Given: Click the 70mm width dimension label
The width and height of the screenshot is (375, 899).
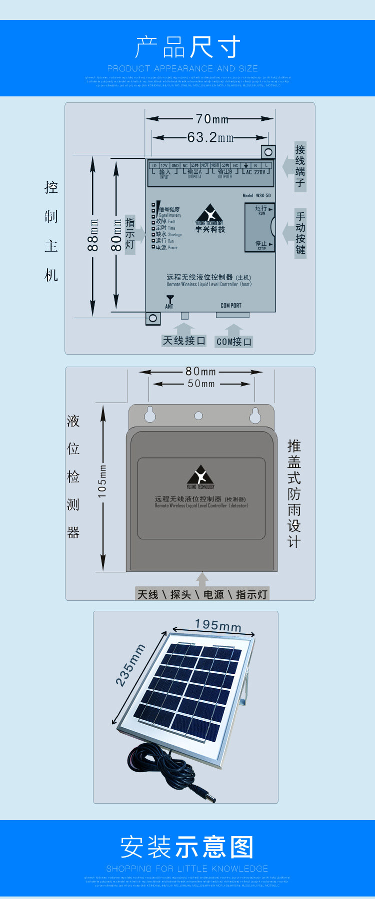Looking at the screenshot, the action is pos(212,119).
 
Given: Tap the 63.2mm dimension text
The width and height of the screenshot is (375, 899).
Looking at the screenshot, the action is pos(210,137).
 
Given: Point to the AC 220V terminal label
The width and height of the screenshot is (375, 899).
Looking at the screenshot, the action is pos(256,172).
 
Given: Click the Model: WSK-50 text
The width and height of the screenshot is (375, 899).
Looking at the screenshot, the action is pos(256,196).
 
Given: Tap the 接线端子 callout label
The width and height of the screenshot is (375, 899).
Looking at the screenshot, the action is pos(300,166).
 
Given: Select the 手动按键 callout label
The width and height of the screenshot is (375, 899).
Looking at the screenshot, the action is pos(300,233).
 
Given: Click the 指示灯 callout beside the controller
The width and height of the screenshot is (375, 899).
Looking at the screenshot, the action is pos(130,233).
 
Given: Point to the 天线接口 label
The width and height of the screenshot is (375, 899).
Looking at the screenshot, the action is pos(184,341).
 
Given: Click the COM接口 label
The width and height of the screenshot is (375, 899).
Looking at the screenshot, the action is pos(233,342).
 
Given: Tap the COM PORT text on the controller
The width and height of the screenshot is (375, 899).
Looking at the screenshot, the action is pos(231,305).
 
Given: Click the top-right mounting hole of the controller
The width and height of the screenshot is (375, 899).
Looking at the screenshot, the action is pos(268,152).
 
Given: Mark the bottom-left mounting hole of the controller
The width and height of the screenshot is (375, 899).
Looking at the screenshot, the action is pos(153,318).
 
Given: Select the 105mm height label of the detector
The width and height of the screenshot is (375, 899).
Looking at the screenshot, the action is pos(102,481).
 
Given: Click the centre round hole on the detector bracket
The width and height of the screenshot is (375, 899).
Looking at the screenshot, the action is pos(198,416).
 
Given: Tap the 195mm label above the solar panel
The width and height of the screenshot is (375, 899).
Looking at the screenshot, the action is pos(218,625).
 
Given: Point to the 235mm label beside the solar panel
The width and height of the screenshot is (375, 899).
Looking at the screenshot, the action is pos(130,665).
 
